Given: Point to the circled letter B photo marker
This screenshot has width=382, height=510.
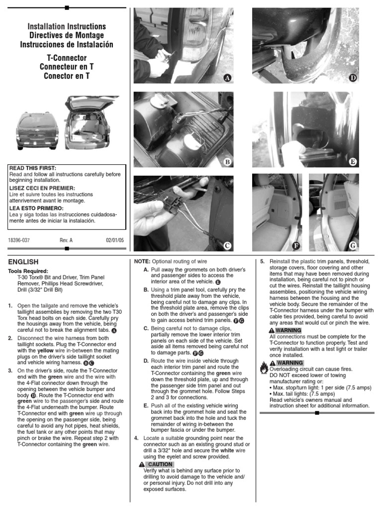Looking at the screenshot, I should point(227,162).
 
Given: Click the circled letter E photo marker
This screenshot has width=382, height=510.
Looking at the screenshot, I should point(353,162).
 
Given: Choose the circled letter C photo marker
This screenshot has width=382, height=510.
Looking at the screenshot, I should point(227,246).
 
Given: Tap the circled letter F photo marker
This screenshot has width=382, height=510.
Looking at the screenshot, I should point(296,246).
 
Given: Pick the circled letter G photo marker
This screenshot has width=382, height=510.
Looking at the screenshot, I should point(353,246).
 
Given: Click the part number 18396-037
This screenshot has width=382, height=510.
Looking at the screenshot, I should point(19,240).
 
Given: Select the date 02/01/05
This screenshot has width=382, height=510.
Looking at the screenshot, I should point(115,240).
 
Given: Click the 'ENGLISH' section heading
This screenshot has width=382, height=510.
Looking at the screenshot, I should point(23,262).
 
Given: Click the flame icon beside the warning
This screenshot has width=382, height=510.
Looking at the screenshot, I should point(263,368).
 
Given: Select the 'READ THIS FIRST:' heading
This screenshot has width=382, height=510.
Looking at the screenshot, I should point(33,168).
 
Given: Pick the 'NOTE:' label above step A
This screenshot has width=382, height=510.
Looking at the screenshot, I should point(142,261).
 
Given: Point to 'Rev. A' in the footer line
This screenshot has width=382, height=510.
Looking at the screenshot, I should point(66,240).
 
